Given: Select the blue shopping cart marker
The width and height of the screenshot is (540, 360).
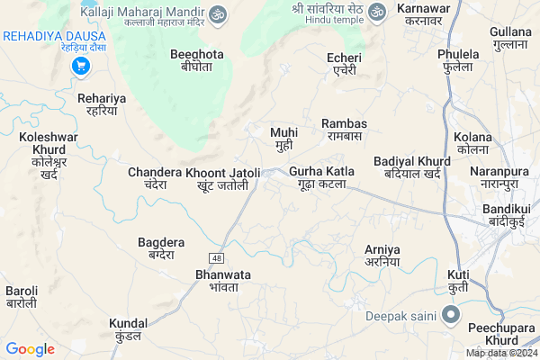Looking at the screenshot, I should (80, 66).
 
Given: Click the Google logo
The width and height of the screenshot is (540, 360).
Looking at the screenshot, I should (30, 349).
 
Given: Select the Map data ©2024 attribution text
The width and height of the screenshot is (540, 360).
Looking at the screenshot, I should (500, 353).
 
